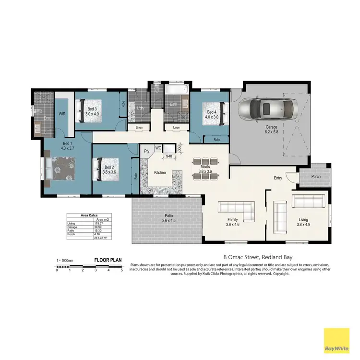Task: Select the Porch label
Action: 315,176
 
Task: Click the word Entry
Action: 278,178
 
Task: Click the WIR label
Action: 62,114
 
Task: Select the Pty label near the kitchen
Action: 146,151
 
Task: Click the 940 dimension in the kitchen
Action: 169,156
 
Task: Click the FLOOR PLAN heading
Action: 108,260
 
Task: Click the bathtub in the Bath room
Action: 174,89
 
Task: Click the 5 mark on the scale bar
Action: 121,270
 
